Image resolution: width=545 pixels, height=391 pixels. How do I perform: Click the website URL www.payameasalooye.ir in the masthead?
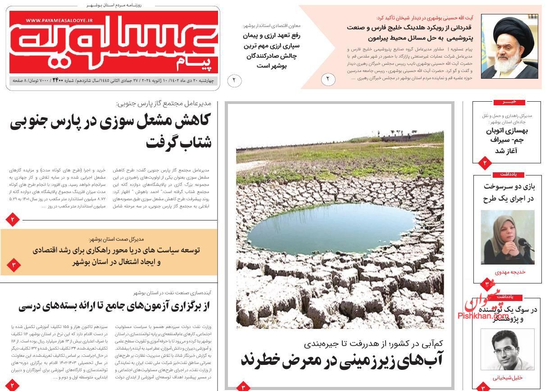tap(59, 21)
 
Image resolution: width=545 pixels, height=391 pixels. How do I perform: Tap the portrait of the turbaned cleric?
tap(509, 46)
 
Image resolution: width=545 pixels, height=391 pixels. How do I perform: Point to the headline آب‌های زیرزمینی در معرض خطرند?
tap(342, 360)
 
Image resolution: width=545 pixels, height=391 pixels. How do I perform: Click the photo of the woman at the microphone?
tap(507, 237)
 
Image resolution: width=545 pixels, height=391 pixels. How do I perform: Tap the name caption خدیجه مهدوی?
tap(510, 272)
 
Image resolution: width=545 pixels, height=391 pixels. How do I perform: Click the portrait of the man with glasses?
tap(507, 349)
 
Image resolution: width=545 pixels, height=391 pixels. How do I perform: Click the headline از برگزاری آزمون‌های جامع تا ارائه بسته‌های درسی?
tap(114, 307)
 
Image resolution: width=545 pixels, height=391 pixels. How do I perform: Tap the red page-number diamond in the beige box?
tap(13, 265)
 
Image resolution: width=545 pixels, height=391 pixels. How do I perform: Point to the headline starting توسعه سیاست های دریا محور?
tap(116, 256)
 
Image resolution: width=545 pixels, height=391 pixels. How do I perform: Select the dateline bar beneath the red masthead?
tap(114, 81)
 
